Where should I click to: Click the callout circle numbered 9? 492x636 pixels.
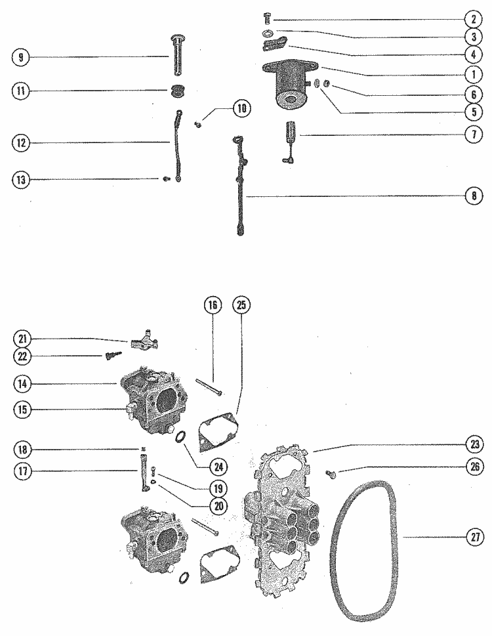coord(21,58)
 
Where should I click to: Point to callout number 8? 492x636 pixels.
coord(471,196)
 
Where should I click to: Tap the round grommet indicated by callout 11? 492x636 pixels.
coord(176,91)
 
